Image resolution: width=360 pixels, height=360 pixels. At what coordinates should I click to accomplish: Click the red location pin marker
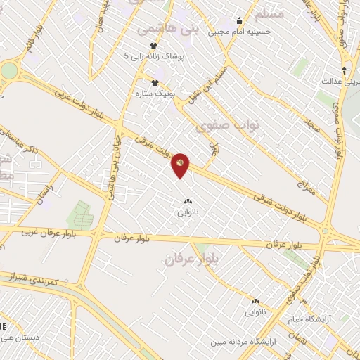click(x=181, y=165)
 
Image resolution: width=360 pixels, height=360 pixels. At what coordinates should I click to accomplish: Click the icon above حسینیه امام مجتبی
click(x=239, y=20)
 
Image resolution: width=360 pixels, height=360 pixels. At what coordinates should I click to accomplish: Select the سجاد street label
click(x=313, y=127)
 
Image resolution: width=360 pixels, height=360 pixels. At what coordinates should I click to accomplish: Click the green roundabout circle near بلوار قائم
click(x=7, y=71)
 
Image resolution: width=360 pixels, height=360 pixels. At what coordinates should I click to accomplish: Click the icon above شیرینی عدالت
click(x=344, y=69)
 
